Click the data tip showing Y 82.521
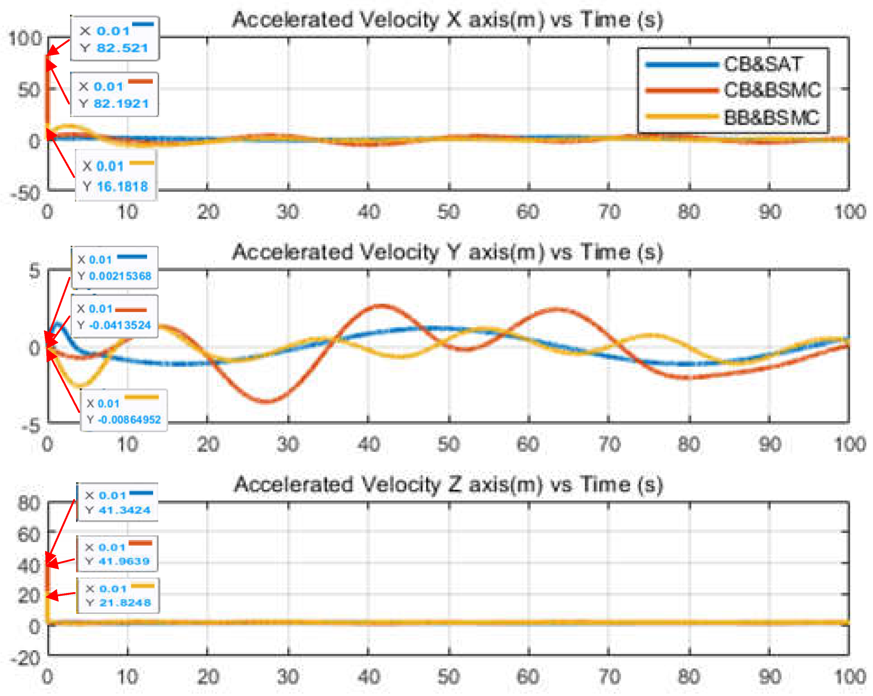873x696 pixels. [115, 39]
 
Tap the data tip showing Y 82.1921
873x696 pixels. [115, 94]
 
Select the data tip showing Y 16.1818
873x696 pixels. [116, 175]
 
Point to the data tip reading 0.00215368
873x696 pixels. [115, 268]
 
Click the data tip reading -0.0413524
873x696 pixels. [115, 316]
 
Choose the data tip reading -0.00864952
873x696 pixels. [124, 410]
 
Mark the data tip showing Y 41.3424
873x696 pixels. [117, 502]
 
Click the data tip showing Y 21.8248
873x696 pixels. [118, 595]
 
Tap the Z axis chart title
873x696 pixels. [448, 484]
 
